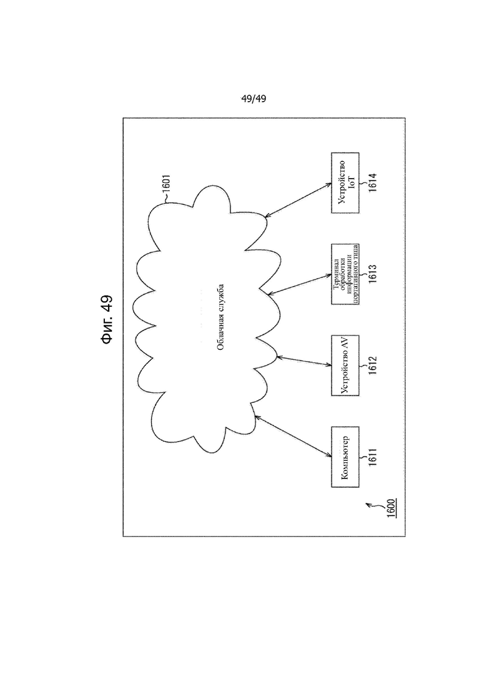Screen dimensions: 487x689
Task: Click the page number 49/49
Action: (x=253, y=99)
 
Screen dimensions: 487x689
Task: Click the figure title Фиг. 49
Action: (x=106, y=319)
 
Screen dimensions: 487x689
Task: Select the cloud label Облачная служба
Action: (x=221, y=317)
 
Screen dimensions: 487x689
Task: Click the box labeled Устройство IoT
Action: (x=345, y=183)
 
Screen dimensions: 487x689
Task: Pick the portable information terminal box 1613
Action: (x=345, y=274)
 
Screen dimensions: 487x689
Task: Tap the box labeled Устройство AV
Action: (x=345, y=365)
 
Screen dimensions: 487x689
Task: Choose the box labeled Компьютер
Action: (x=345, y=457)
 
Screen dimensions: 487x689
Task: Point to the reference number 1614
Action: (x=373, y=183)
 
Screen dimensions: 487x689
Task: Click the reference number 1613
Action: (x=373, y=274)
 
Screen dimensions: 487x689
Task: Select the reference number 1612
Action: (x=373, y=365)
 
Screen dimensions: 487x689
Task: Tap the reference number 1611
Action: (x=373, y=457)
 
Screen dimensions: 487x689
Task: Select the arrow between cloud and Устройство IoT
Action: (x=298, y=200)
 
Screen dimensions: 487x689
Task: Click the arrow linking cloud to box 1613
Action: (x=300, y=284)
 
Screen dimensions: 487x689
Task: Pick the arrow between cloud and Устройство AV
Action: (x=304, y=361)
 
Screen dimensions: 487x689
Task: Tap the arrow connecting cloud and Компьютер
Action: (x=293, y=437)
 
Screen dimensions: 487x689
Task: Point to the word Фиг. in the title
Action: (x=106, y=330)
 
